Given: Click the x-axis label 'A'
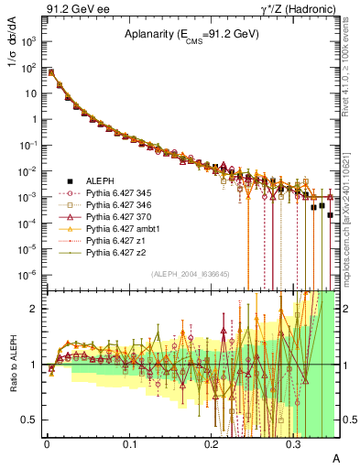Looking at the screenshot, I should [x=335, y=457].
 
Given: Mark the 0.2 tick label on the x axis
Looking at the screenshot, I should [x=212, y=443].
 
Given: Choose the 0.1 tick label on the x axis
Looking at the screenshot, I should [x=129, y=443].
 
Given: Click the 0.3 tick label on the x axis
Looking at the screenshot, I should [x=294, y=443].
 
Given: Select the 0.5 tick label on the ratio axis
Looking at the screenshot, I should [x=29, y=420].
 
